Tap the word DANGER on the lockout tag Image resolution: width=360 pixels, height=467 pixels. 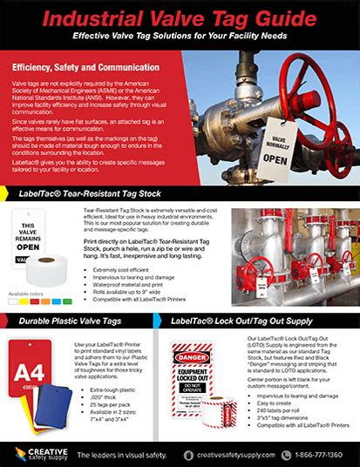tap(194, 356)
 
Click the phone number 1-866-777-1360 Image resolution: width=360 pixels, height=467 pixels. tap(320, 454)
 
